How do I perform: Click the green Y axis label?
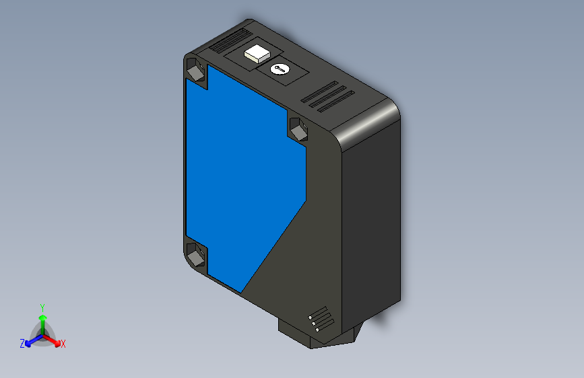[42, 306]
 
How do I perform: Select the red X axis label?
[63, 344]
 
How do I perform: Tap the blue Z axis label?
[22, 343]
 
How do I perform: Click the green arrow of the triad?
[42, 318]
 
